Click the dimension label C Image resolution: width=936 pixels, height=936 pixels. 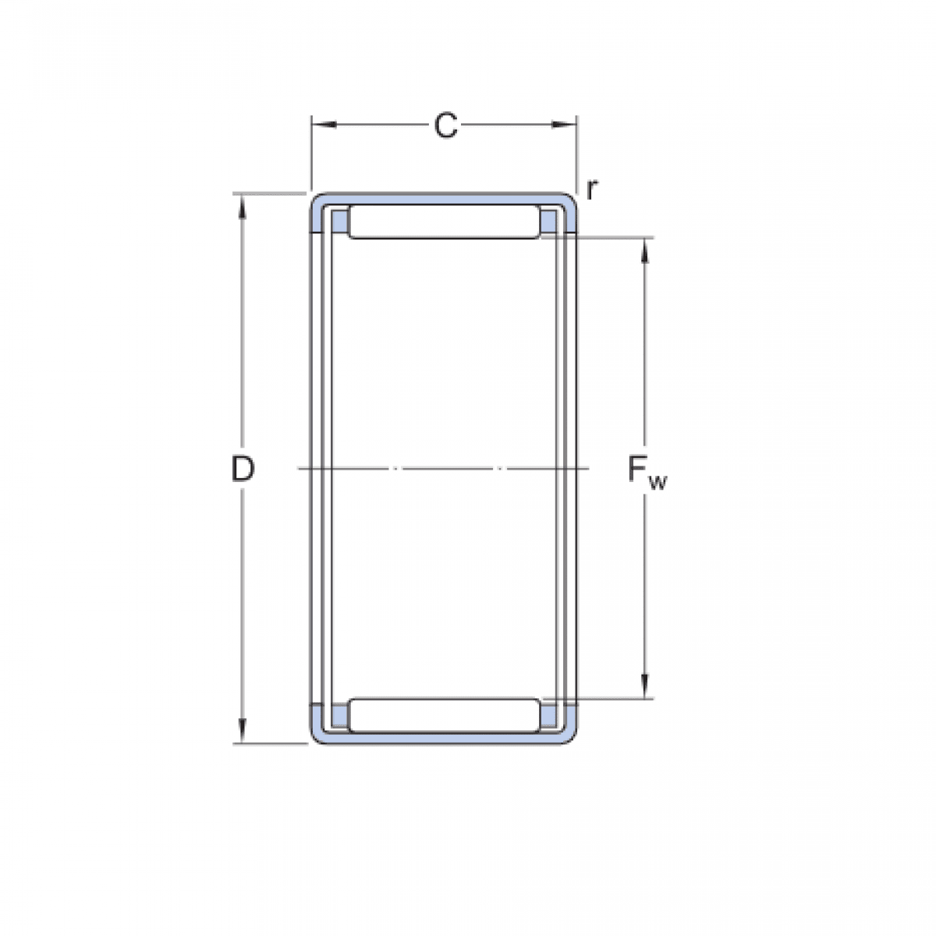coord(445,126)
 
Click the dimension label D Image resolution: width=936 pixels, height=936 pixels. coord(243,470)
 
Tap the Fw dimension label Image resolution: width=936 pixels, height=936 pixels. coord(647,473)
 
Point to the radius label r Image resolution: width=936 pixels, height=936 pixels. coord(590,190)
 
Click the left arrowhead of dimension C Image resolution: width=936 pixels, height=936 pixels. coord(324,125)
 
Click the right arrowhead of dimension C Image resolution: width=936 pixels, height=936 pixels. coord(564,125)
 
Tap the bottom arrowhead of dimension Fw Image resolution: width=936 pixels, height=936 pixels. coord(645,686)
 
